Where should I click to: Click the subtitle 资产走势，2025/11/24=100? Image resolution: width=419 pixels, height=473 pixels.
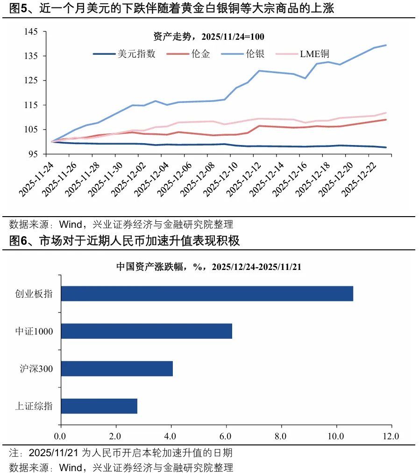[209, 36]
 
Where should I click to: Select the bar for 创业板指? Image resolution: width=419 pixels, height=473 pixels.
[207, 294]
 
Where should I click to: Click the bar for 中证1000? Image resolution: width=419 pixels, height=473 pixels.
[146, 331]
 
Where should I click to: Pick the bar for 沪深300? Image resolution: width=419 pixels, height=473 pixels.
[117, 369]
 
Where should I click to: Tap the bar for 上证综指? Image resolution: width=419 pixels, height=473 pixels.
[99, 406]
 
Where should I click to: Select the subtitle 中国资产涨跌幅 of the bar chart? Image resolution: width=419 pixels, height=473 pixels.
[209, 267]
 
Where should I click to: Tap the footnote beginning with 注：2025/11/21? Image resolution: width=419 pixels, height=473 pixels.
[121, 453]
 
